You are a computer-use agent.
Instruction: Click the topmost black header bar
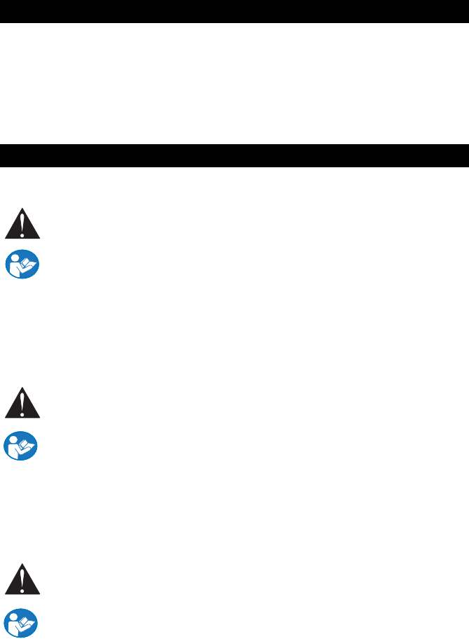[x=234, y=11]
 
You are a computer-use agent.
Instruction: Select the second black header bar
[x=234, y=155]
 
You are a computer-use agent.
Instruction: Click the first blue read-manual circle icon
[x=22, y=267]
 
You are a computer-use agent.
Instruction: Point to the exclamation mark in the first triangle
[x=22, y=228]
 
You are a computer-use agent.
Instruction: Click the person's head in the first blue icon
[x=17, y=260]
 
